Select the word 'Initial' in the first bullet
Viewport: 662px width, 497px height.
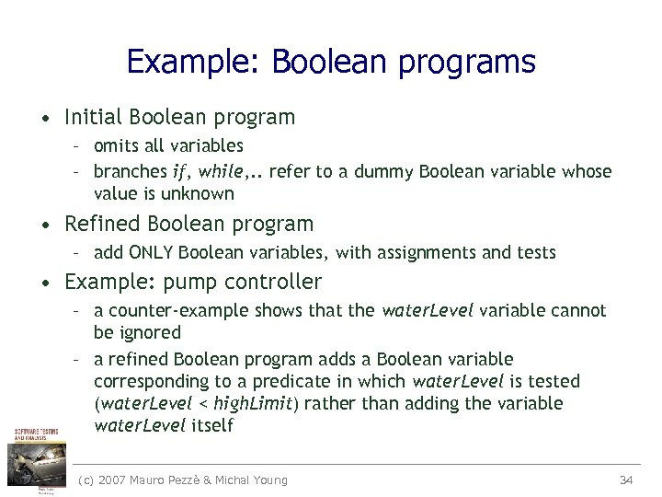95,117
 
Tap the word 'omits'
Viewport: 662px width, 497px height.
114,145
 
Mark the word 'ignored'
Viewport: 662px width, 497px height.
149,332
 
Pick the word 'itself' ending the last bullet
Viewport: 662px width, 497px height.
211,425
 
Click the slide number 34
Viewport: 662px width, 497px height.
626,480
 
